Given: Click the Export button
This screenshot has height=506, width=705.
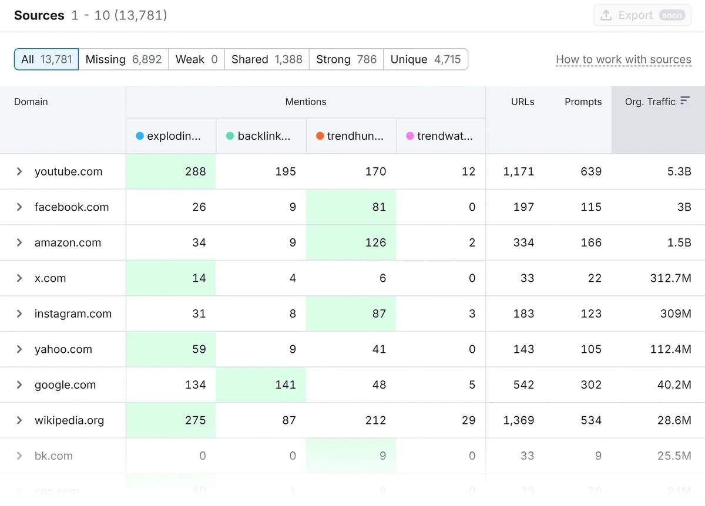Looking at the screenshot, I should click(642, 15).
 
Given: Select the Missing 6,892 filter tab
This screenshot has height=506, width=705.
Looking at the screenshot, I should click(123, 59).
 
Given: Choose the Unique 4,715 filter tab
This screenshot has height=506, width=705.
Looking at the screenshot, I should click(425, 59).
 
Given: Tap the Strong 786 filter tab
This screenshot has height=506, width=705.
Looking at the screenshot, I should click(346, 59).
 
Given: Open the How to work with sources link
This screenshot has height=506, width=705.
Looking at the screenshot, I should click(623, 59).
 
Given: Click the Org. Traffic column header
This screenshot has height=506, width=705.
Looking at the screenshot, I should click(650, 102).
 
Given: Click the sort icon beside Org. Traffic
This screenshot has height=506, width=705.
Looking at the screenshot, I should click(684, 101).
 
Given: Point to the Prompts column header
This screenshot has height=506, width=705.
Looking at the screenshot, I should click(583, 102).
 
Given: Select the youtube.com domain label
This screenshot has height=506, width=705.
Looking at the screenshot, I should click(68, 171).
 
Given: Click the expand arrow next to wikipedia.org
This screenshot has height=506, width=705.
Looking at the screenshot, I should click(19, 420).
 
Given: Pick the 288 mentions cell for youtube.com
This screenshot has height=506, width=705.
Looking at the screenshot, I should click(195, 171).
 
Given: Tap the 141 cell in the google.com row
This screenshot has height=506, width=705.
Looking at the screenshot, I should click(285, 385).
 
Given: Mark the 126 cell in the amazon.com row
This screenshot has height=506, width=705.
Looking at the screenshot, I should click(375, 242).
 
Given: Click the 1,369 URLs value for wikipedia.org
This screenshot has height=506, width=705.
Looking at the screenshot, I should click(518, 420).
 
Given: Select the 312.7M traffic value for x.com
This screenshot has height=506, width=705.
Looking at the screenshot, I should click(670, 278).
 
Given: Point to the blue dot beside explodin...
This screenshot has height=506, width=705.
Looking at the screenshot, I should click(140, 136).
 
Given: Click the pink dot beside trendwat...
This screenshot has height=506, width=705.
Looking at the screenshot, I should click(410, 136).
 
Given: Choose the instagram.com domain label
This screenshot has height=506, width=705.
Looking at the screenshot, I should click(73, 313).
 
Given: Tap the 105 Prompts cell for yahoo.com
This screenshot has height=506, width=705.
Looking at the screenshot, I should click(590, 349).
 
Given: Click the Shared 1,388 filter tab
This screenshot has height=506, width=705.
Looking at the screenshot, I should click(267, 59).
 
